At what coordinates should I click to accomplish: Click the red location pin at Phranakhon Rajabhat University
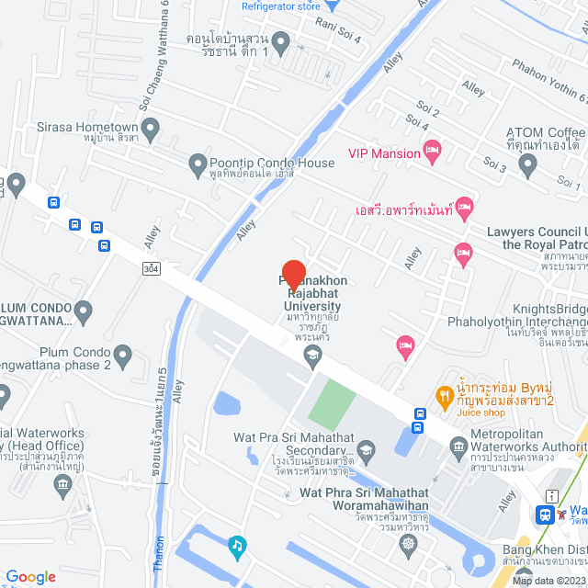[x=293, y=274]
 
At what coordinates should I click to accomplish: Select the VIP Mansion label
[x=383, y=153]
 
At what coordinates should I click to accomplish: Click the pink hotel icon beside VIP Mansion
[x=432, y=148]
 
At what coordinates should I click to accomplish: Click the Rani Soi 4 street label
[x=338, y=31]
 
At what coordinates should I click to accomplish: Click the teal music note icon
[x=237, y=546]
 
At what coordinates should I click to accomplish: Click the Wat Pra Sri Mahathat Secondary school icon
[x=367, y=448]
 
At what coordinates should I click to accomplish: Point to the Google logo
[x=29, y=576]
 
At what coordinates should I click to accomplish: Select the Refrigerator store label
[x=280, y=6]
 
